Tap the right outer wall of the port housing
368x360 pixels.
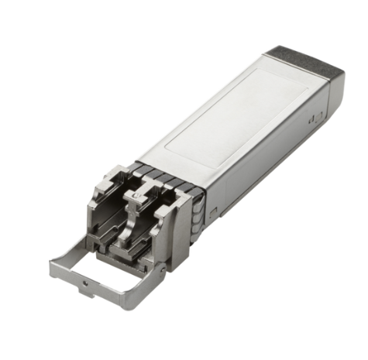tap(183, 232)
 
